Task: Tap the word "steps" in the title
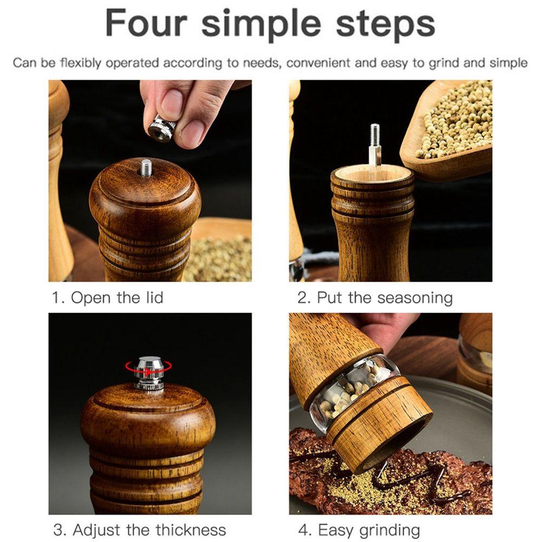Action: [385, 25]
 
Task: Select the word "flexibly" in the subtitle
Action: [81, 63]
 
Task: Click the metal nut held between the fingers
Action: [162, 128]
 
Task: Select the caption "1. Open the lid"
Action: [107, 298]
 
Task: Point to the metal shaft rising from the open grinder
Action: [375, 145]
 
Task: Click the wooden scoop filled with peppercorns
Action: [449, 128]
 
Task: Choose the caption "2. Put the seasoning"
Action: [375, 298]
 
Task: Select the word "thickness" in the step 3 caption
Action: [190, 530]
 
